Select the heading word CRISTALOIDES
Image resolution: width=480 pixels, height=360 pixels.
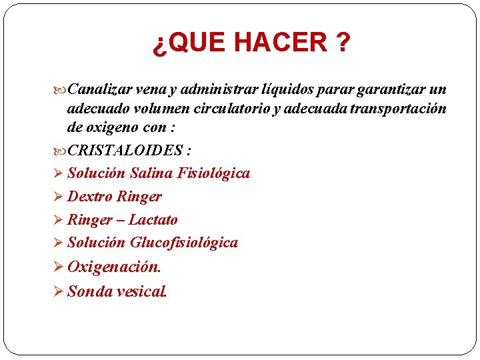click(124, 151)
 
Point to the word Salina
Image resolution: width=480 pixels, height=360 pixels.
click(151, 173)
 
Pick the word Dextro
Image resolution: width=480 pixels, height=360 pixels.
click(90, 197)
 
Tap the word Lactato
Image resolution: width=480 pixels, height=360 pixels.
click(153, 219)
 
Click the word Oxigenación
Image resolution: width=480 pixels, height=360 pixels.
click(114, 267)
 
